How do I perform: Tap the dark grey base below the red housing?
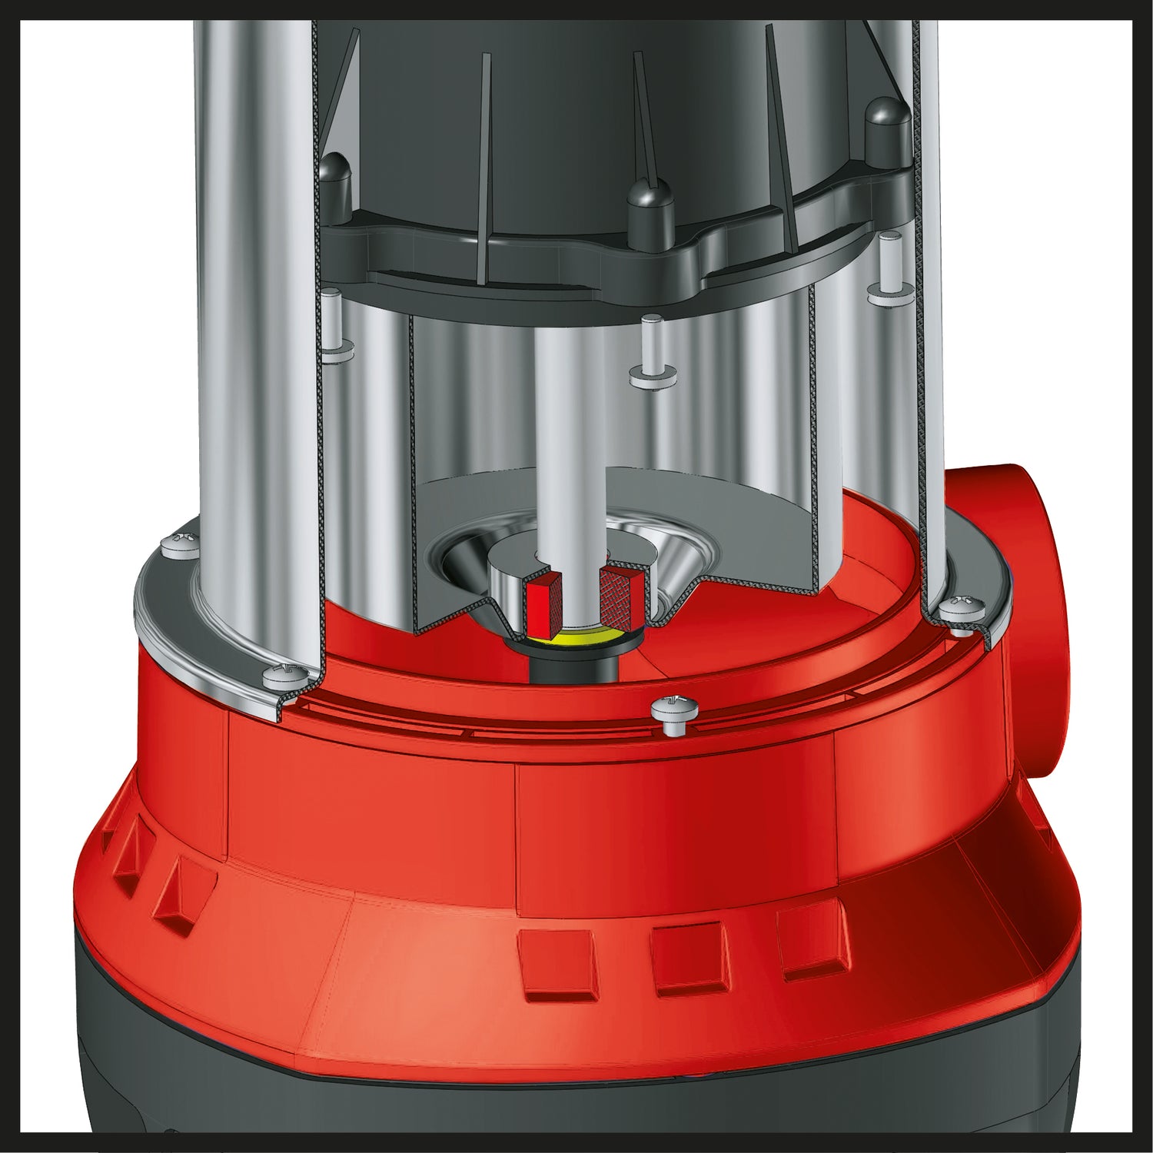(x=231, y=1076)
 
